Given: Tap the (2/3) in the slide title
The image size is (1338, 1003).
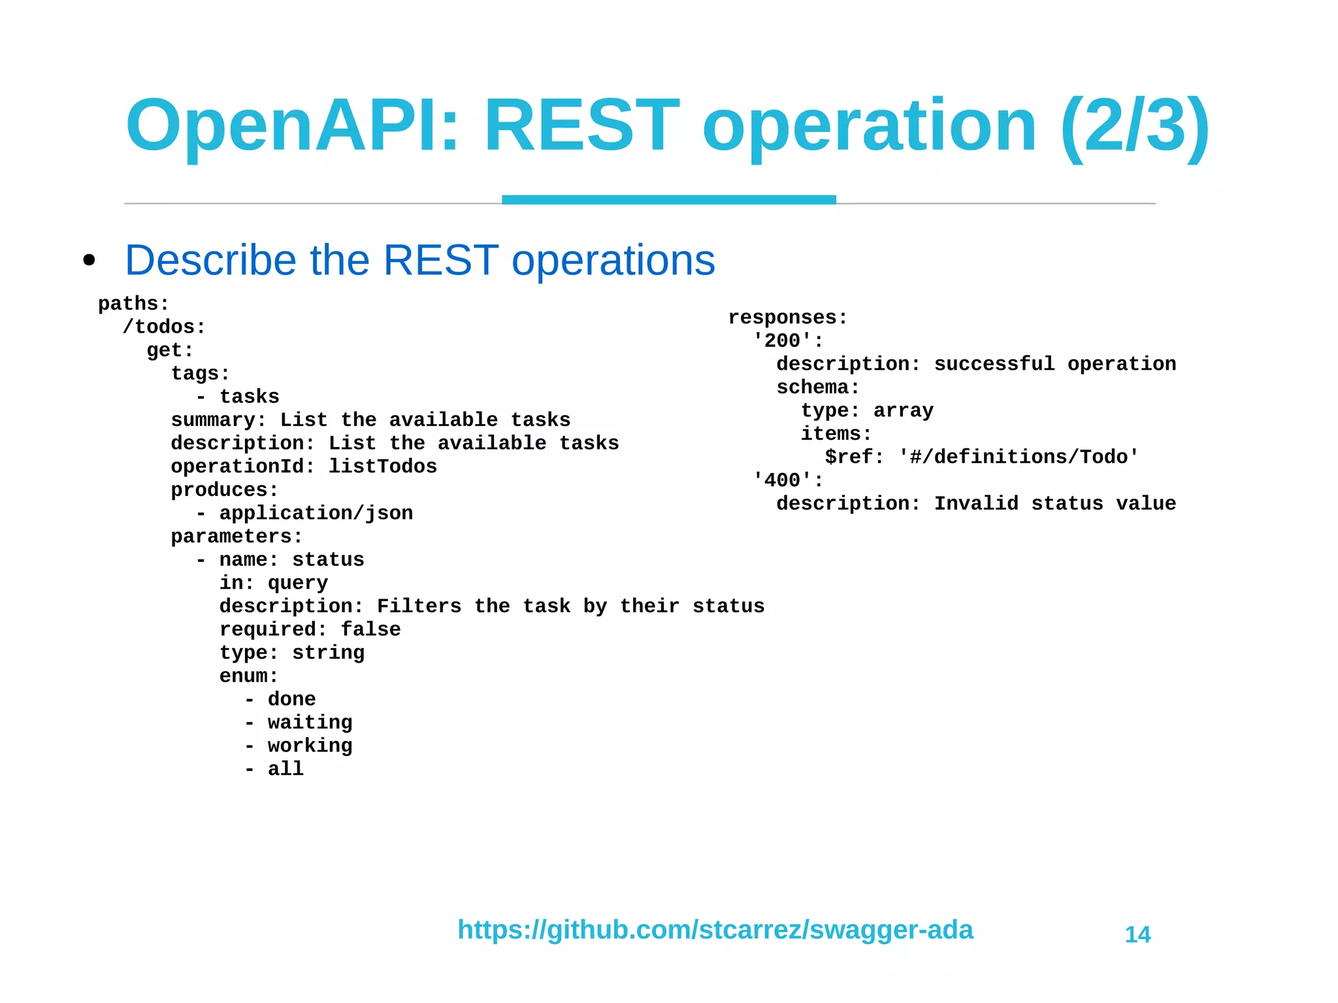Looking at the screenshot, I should coord(1135,125).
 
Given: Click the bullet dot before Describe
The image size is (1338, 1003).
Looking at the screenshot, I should coord(90,261).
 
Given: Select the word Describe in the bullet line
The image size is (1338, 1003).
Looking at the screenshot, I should coord(210,260).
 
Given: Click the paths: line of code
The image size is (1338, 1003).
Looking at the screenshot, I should coord(133,304).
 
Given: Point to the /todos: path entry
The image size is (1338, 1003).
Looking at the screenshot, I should coord(164,327).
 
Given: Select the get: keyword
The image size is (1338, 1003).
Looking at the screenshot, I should coord(170,350).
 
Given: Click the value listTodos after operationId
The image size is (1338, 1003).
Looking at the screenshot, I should coord(382,467).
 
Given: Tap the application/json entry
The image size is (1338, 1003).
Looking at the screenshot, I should coord(316,513).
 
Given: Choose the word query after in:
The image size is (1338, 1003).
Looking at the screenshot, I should coord(297,583).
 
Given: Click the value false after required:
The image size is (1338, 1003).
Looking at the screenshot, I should coord(370,629).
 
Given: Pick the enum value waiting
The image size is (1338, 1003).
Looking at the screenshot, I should coord(310,722).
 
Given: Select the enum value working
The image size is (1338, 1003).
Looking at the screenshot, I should coord(310,746).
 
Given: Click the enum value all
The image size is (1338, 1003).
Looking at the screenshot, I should coord(286,769).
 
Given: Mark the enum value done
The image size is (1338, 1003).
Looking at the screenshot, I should coord(291,699).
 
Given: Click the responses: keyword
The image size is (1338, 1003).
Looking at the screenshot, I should coord(787,318).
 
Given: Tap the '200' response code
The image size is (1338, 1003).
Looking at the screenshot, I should coord(782,340).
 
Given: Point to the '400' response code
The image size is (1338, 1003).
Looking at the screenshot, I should coord(782,480).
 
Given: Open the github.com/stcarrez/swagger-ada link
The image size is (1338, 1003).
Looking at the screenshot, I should coord(715,930).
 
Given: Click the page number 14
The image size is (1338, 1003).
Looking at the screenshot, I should coord(1137,935).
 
